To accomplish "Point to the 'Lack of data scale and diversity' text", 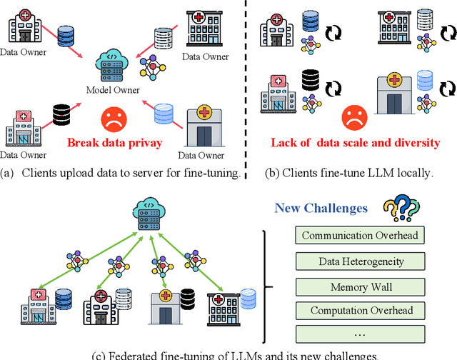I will tap(355, 142).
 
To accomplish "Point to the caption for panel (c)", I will tap(228, 355).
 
